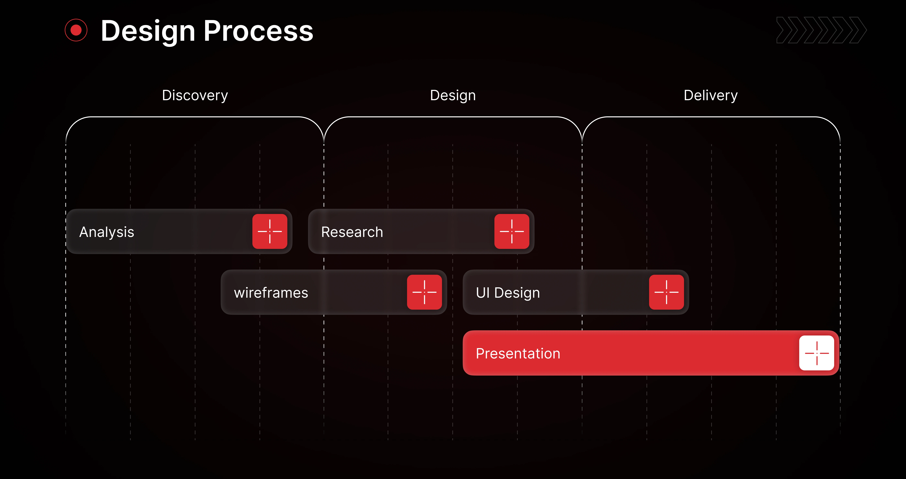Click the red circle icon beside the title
(76, 30)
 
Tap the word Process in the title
(259, 31)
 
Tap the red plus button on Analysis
(270, 231)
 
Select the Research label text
(352, 232)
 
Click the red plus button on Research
(512, 231)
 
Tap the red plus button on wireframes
(425, 292)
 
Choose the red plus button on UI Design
(667, 292)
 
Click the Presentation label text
(518, 354)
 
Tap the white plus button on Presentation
(817, 353)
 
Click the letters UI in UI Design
(483, 293)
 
